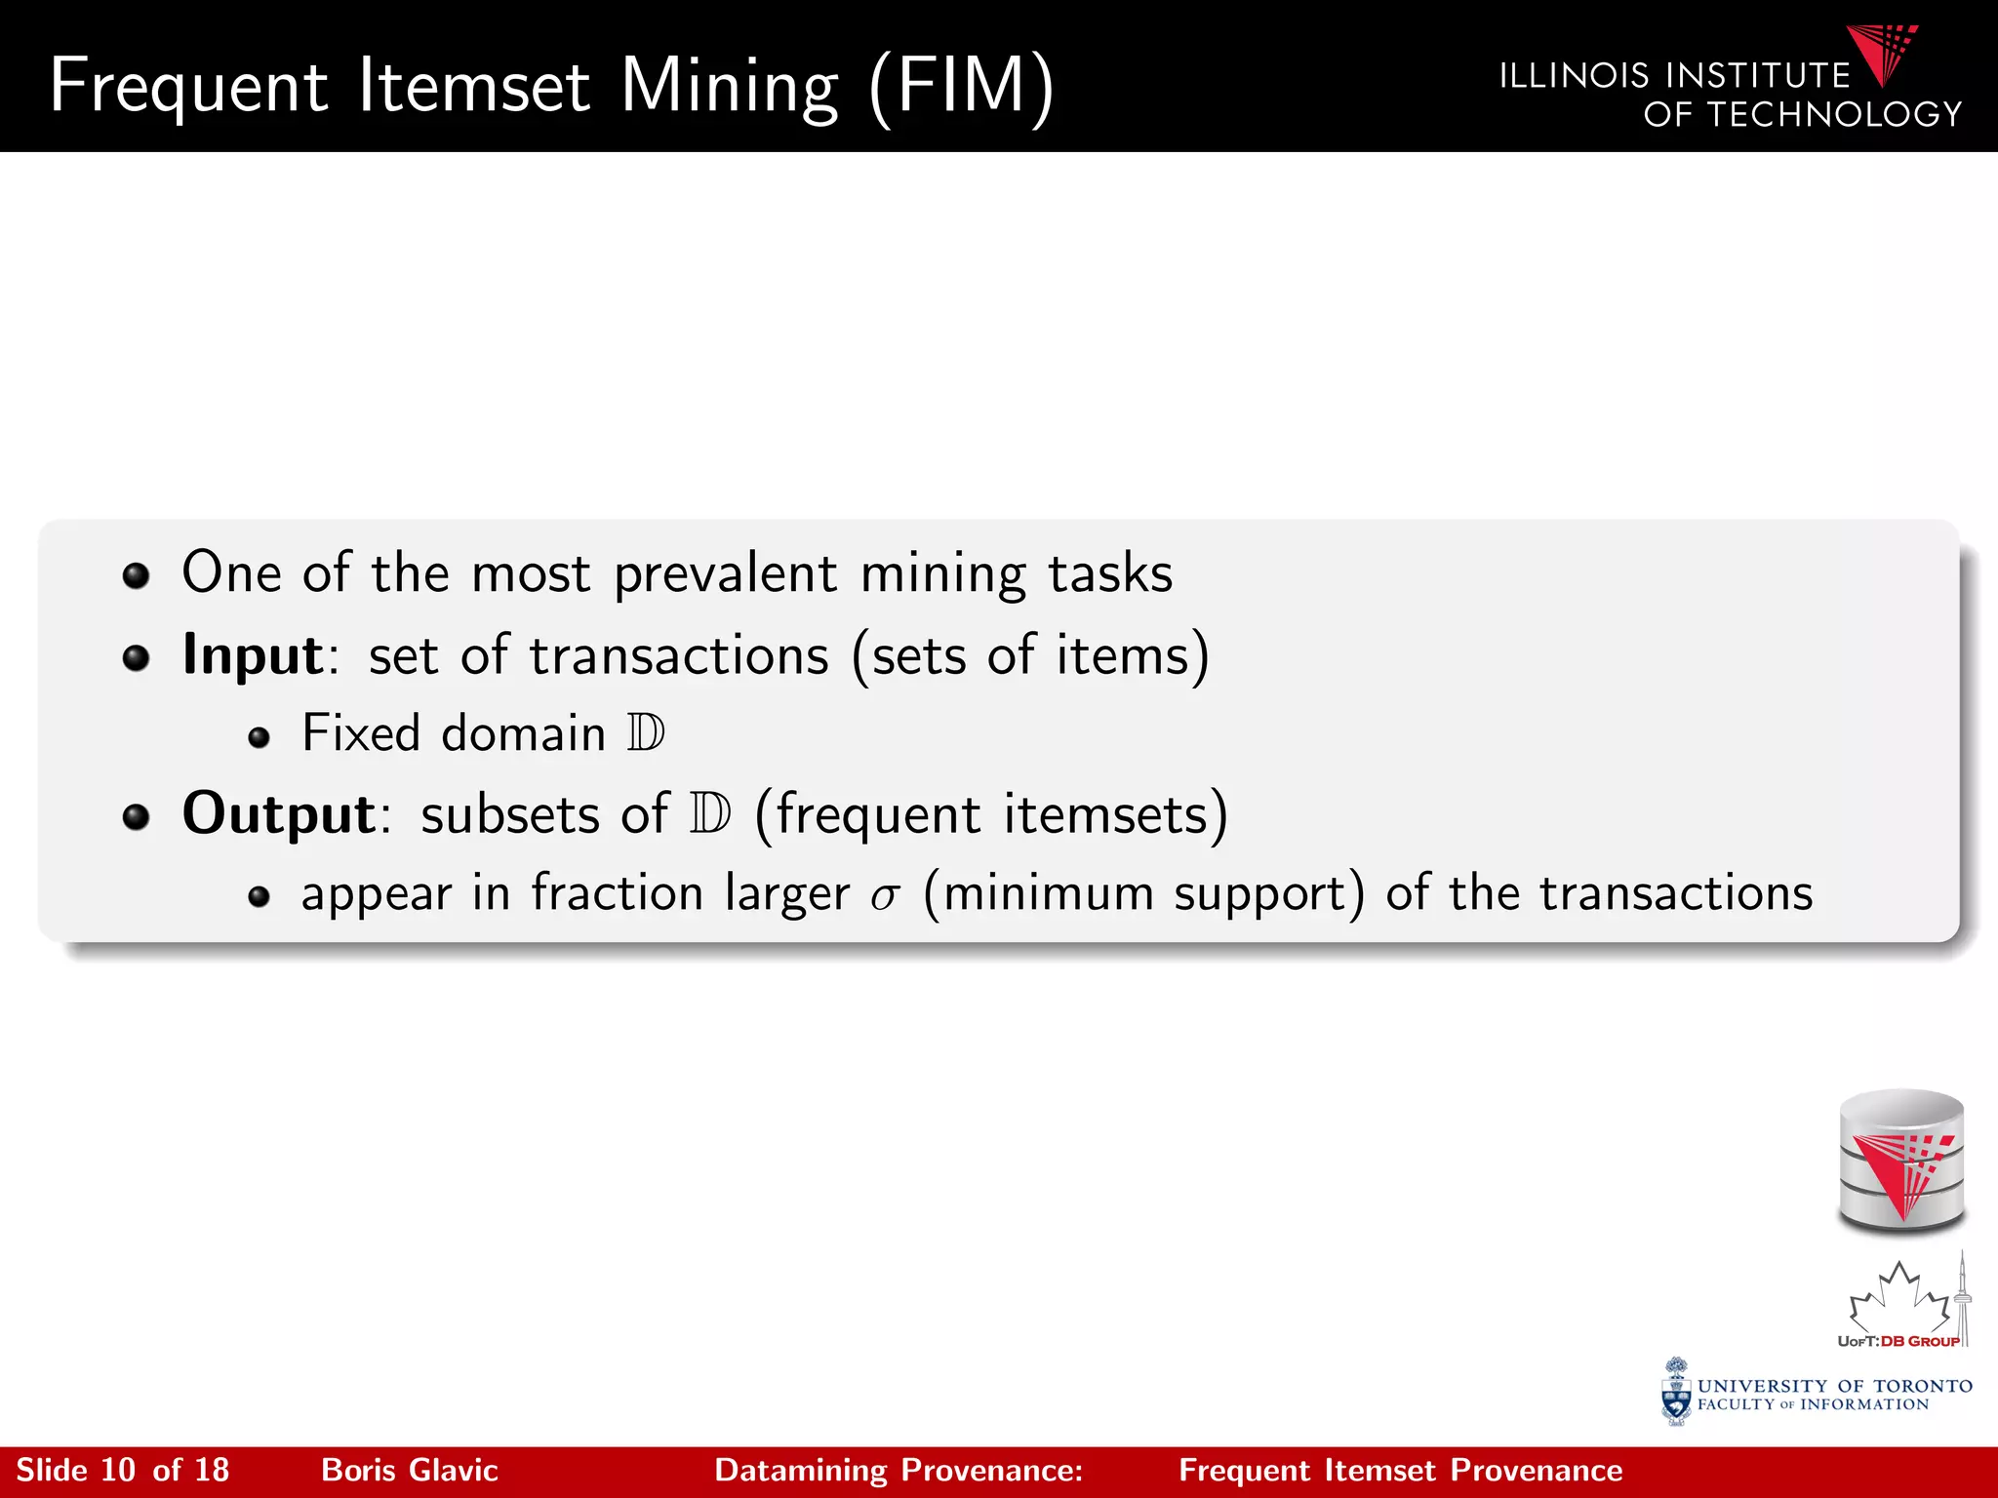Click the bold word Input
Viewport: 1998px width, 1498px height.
click(x=253, y=655)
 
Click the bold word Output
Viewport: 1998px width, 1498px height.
click(x=279, y=813)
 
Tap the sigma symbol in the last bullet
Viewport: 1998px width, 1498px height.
click(x=885, y=896)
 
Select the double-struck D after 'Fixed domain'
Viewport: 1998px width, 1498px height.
click(x=646, y=732)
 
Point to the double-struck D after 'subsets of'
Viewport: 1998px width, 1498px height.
click(x=709, y=813)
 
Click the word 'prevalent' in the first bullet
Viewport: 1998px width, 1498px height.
click(x=725, y=573)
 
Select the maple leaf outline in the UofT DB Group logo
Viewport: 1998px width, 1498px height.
click(x=1898, y=1298)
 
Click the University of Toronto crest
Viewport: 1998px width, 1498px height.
click(x=1676, y=1392)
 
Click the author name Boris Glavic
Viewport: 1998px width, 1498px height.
click(x=410, y=1471)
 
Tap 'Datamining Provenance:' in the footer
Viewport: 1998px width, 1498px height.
click(x=899, y=1471)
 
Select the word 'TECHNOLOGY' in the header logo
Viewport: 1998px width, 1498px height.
click(x=1834, y=115)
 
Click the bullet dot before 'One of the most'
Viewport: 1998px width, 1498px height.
click(x=136, y=575)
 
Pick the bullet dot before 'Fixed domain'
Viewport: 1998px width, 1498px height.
click(x=259, y=737)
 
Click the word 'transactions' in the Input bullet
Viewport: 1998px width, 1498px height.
click(x=679, y=655)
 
